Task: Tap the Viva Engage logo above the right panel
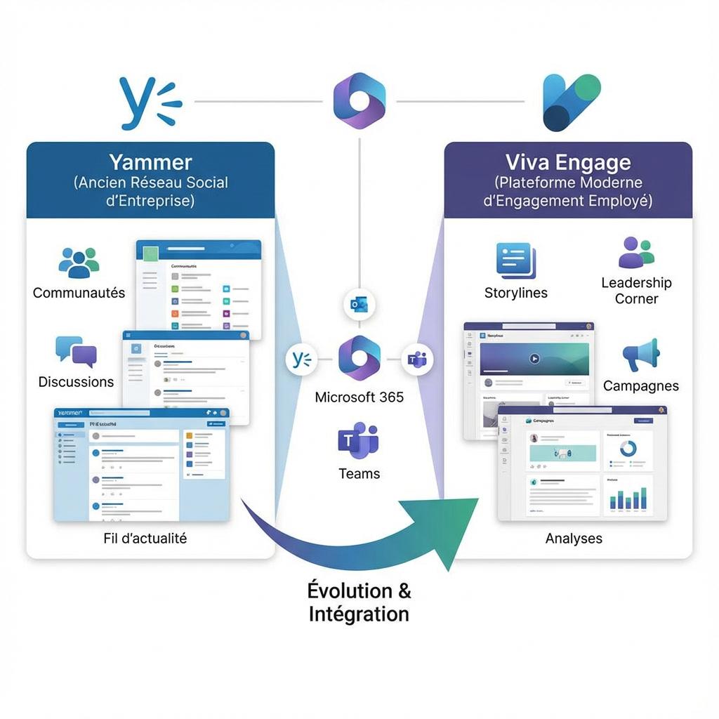(572, 103)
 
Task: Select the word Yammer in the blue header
(151, 162)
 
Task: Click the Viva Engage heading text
(568, 162)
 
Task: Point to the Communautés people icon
(79, 263)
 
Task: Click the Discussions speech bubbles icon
(76, 352)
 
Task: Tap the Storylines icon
(515, 261)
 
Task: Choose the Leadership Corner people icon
(636, 253)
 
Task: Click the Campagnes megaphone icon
(640, 355)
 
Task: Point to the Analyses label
(574, 539)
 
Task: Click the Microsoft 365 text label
(359, 397)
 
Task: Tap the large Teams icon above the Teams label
(358, 440)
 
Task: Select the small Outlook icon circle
(359, 305)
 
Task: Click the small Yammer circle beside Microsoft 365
(301, 359)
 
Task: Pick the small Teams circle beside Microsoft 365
(417, 359)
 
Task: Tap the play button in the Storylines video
(534, 358)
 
